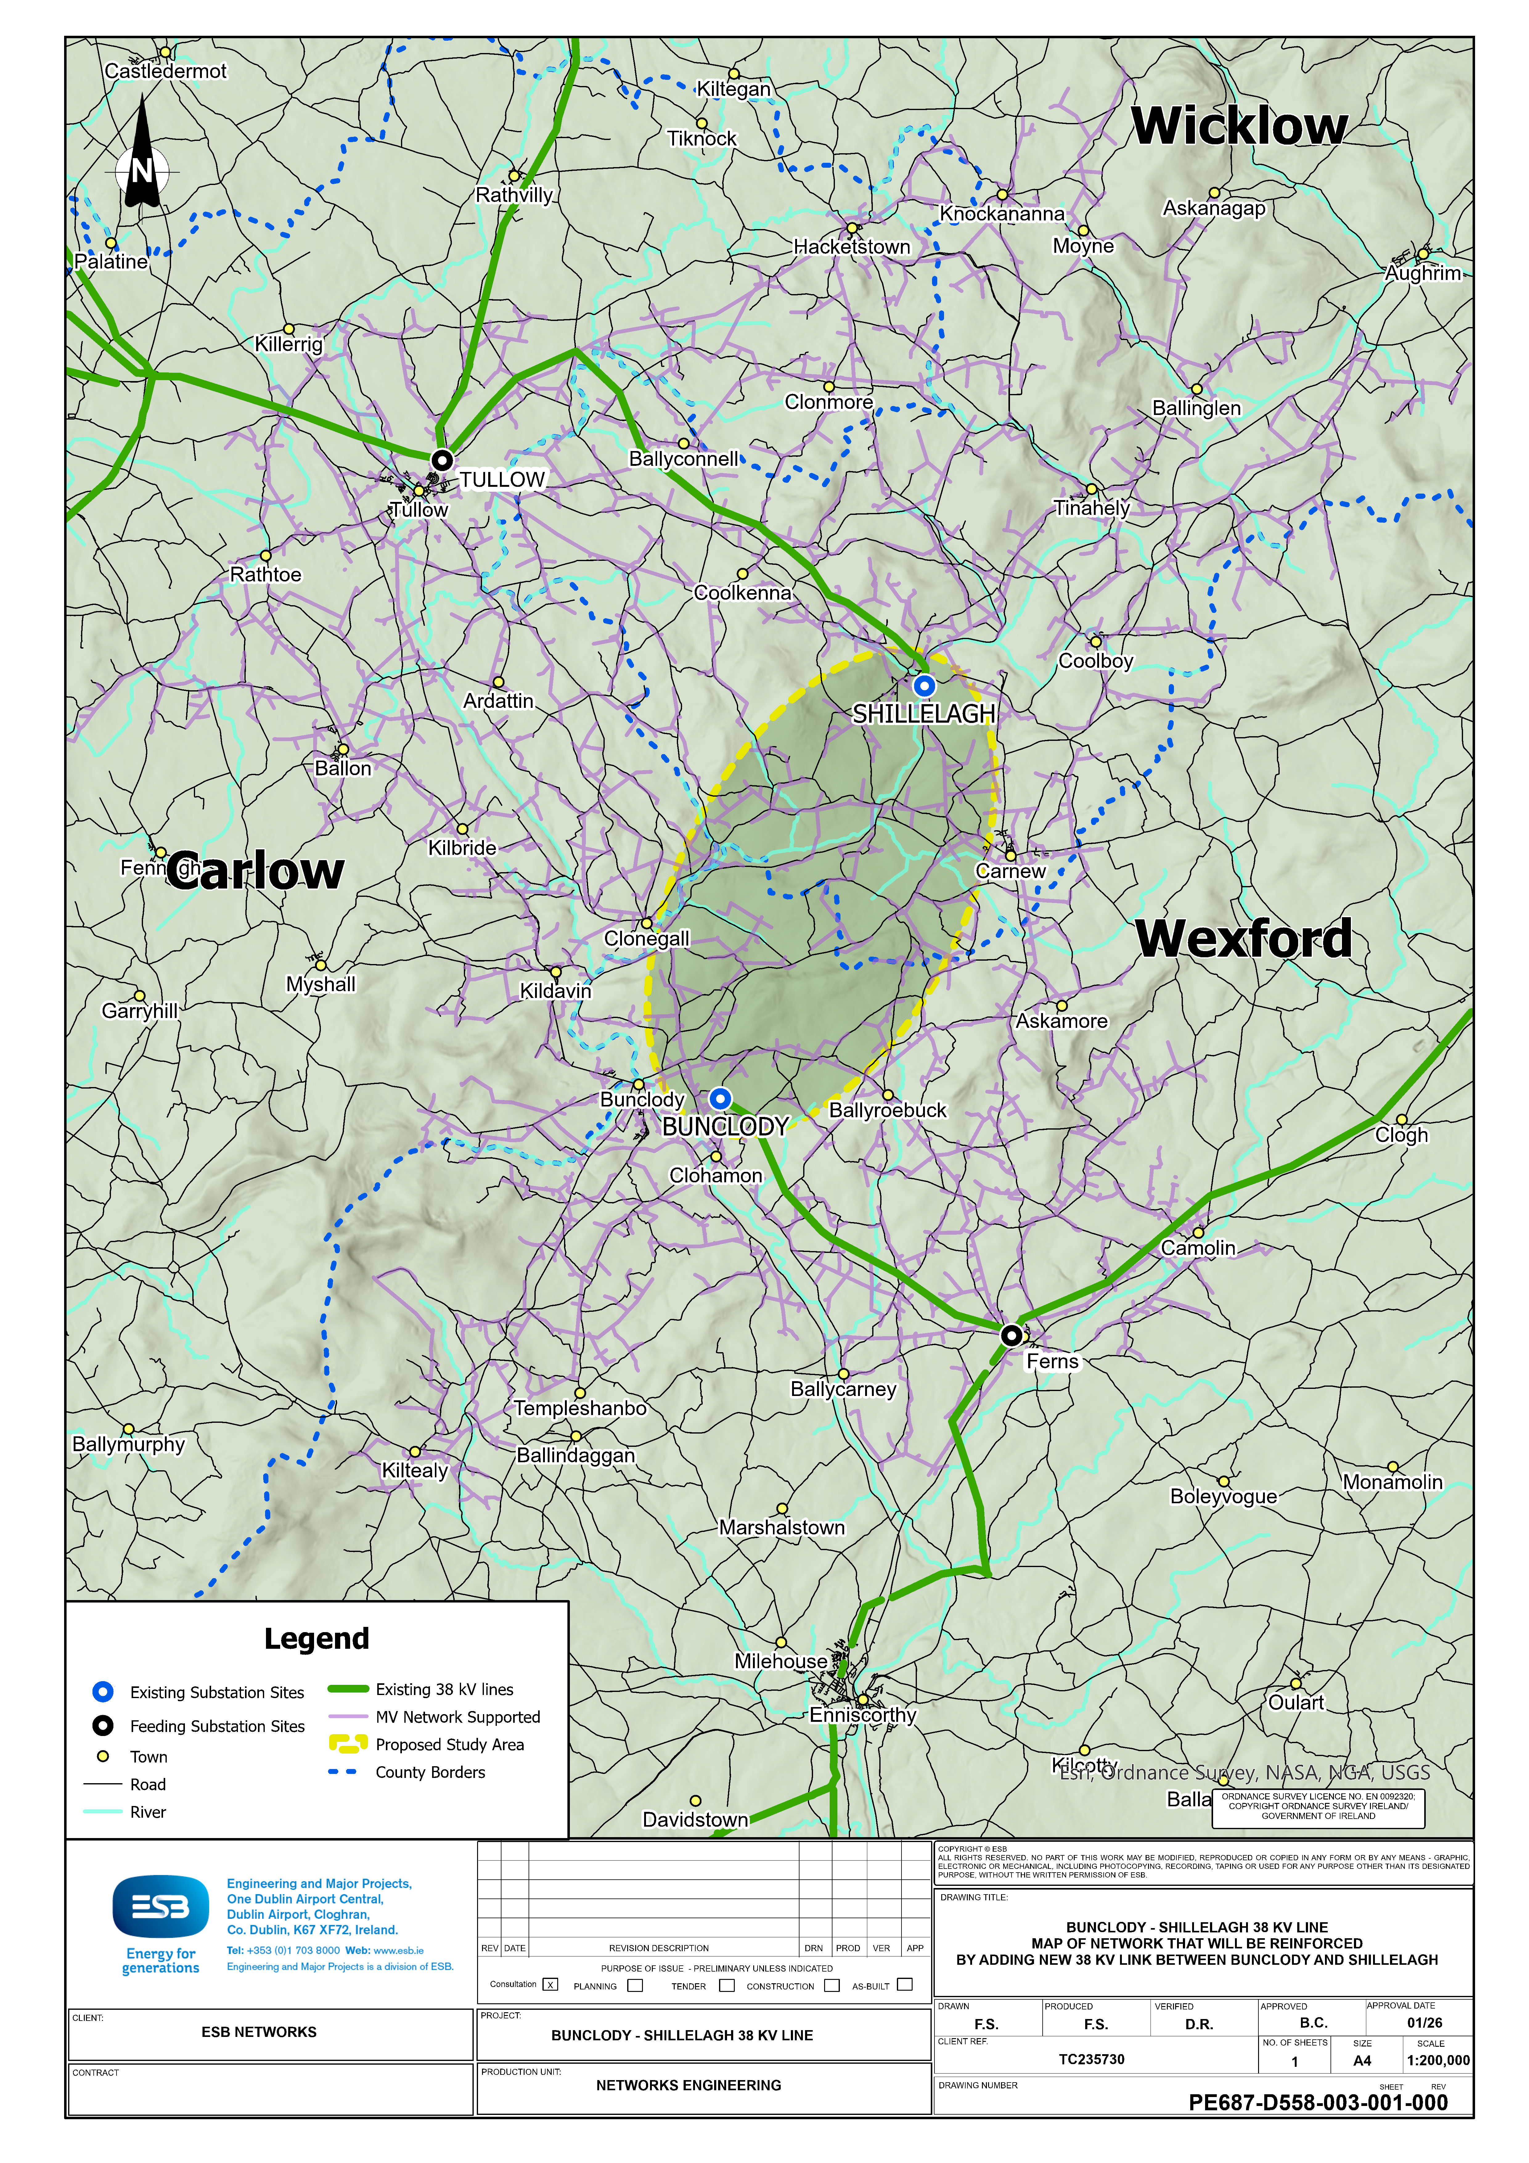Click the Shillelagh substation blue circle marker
tap(924, 686)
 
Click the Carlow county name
tap(256, 872)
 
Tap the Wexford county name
tap(1244, 939)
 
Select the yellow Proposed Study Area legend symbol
tap(348, 1744)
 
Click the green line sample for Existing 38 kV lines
tap(348, 1689)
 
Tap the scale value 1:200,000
tap(1438, 2060)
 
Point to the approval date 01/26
tap(1425, 2023)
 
